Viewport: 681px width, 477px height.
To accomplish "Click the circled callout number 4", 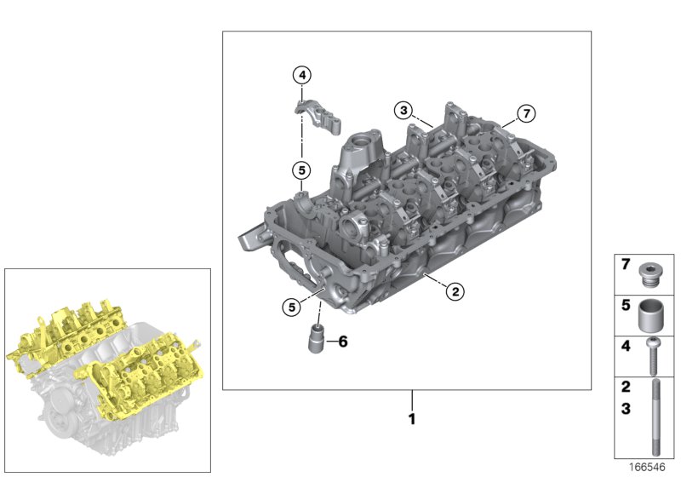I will [x=301, y=75].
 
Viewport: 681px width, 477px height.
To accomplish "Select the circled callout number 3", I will [x=403, y=109].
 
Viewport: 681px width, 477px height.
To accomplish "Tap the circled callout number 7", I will [x=526, y=112].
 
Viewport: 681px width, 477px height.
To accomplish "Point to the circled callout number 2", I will [x=455, y=291].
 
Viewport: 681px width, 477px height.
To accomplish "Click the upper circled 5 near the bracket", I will [x=301, y=170].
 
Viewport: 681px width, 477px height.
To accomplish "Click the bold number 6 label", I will [x=342, y=342].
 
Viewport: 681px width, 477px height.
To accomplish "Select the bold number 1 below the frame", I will [x=412, y=419].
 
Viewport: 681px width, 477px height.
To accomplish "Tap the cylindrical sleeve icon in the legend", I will [x=653, y=315].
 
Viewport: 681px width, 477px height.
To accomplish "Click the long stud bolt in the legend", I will [x=653, y=418].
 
